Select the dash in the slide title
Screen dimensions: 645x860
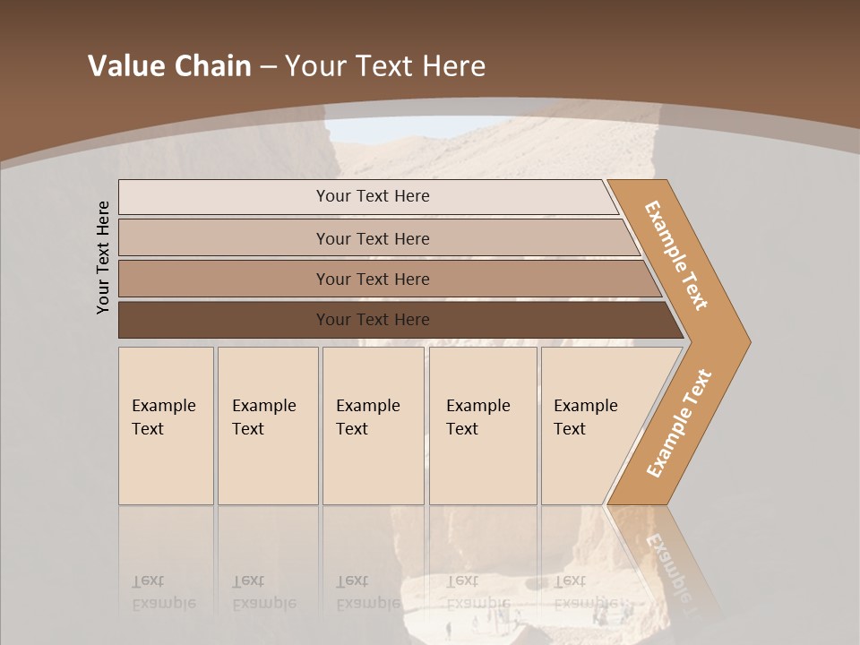(269, 67)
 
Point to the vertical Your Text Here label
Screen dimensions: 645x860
(103, 257)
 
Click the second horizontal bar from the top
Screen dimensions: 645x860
(372, 238)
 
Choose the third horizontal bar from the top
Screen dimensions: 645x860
(372, 279)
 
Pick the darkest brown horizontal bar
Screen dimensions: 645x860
(372, 320)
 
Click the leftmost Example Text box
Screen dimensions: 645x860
(166, 426)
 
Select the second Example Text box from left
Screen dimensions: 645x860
(267, 426)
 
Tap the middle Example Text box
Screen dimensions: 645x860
(373, 426)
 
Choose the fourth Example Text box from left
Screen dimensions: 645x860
(482, 426)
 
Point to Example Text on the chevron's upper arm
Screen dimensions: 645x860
(676, 254)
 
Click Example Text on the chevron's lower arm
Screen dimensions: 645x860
(678, 423)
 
